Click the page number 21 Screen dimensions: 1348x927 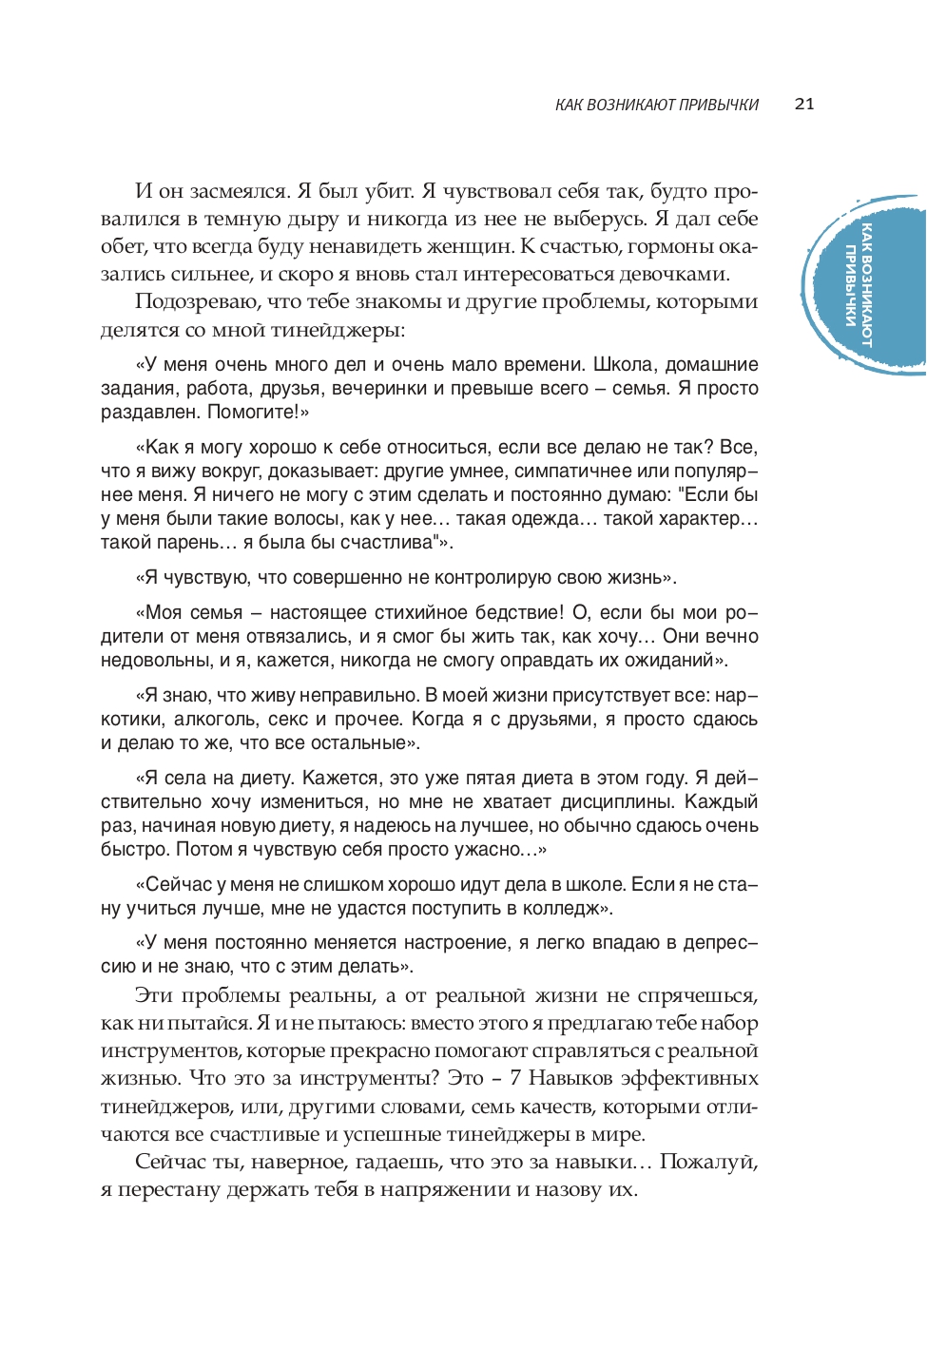coord(804,104)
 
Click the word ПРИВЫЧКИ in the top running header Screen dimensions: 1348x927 coord(719,105)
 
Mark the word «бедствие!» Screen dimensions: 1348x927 coord(514,612)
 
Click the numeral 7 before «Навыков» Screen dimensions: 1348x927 coord(515,1078)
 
